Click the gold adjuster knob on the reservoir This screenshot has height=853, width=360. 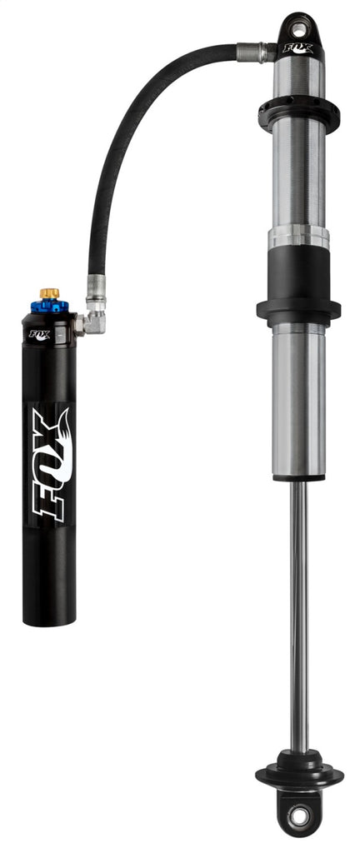point(49,294)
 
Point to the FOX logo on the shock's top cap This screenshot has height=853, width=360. point(299,48)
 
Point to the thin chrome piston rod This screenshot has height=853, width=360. point(298,616)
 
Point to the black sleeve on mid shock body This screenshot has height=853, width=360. point(298,275)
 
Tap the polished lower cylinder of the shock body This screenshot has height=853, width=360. point(298,400)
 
